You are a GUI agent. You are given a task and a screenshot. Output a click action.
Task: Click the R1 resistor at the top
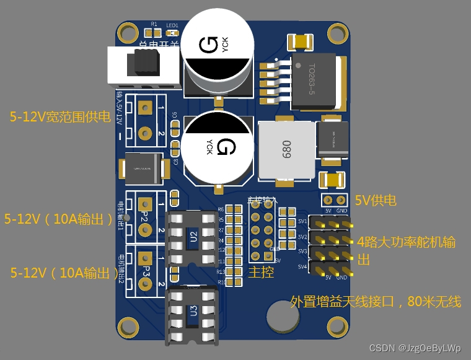click(154, 32)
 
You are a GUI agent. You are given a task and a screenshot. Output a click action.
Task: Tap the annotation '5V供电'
click(375, 201)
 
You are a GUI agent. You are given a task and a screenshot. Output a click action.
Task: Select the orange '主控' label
click(261, 272)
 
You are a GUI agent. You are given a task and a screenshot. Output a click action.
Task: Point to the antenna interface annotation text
click(376, 302)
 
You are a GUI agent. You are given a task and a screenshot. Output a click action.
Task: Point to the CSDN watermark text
click(415, 348)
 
